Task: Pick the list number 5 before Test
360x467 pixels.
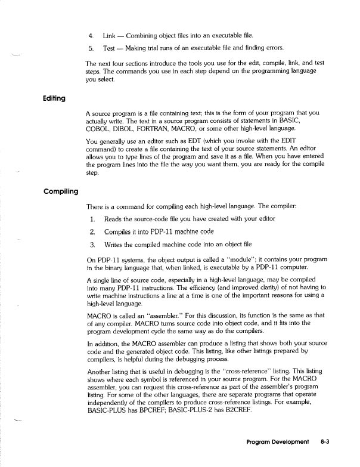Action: (x=91, y=48)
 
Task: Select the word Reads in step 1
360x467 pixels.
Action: (x=115, y=219)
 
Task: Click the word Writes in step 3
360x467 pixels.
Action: (x=116, y=245)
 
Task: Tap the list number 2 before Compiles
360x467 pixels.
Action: (x=92, y=231)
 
